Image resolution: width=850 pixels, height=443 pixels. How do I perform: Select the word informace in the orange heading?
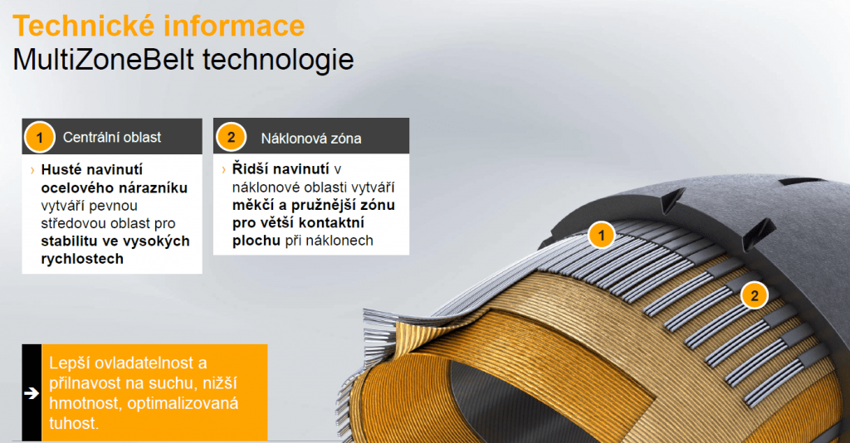(x=235, y=26)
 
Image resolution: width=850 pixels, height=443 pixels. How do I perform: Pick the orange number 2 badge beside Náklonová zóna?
(x=231, y=137)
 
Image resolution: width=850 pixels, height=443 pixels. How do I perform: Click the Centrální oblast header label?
(x=112, y=137)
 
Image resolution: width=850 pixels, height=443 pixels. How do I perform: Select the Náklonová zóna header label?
(x=310, y=138)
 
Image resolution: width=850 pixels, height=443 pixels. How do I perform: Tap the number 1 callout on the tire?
(x=601, y=236)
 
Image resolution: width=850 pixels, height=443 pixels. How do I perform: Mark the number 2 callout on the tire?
(x=754, y=295)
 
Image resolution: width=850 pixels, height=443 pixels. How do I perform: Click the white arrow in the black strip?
(x=32, y=393)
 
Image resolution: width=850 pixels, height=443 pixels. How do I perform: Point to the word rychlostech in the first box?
(x=82, y=258)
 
